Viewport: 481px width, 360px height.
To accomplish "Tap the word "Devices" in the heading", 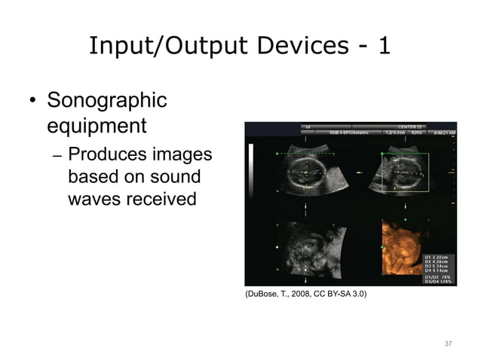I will click(286, 47).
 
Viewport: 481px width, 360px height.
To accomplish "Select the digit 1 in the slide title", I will click(384, 47).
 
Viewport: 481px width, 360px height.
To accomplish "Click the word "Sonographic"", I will click(107, 100).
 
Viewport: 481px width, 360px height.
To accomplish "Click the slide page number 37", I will click(448, 343).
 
